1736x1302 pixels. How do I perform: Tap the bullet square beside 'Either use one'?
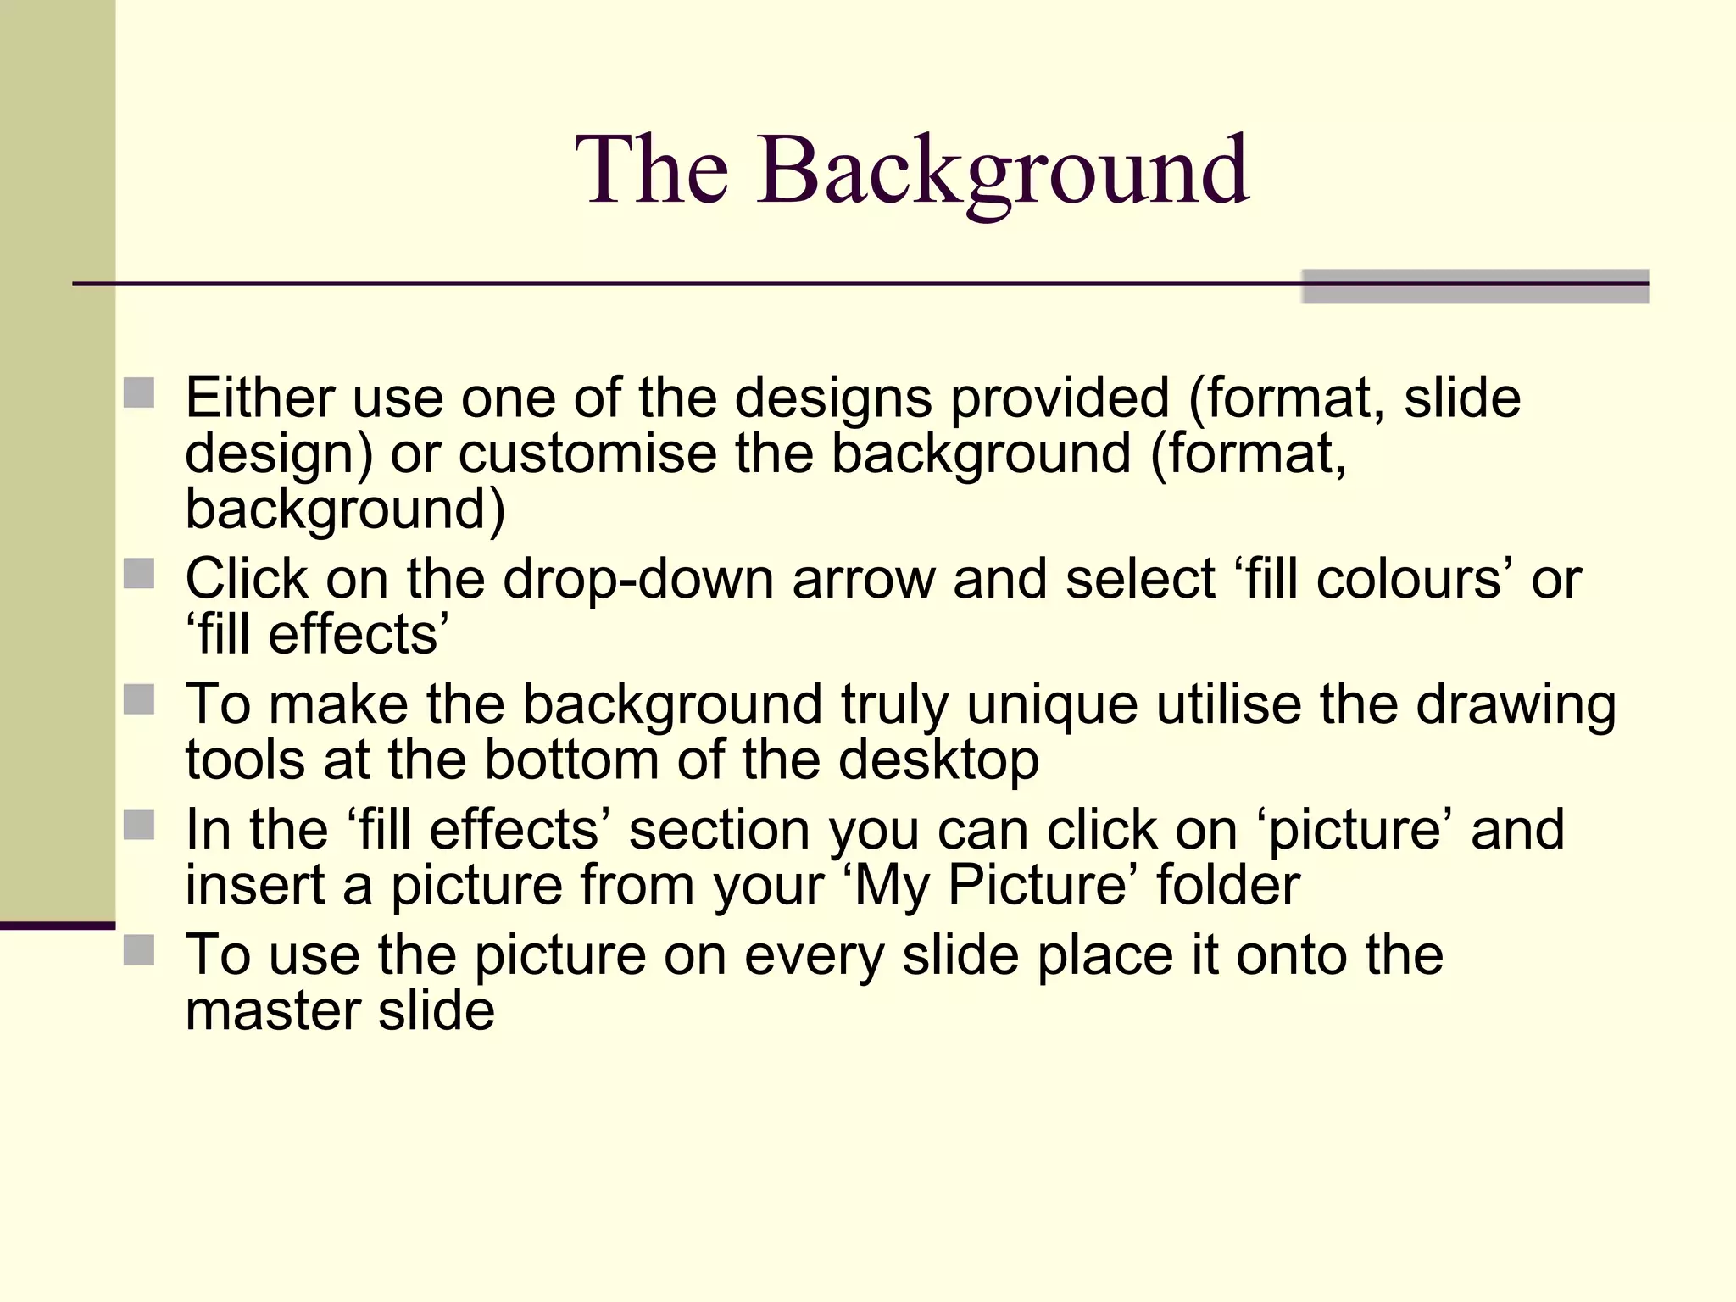click(139, 393)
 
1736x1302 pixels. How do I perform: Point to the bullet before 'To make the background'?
click(139, 700)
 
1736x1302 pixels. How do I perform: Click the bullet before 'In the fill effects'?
click(139, 825)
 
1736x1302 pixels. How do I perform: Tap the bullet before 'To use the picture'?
click(139, 950)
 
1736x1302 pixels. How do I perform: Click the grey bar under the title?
click(1475, 287)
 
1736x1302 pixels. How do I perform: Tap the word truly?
click(894, 705)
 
